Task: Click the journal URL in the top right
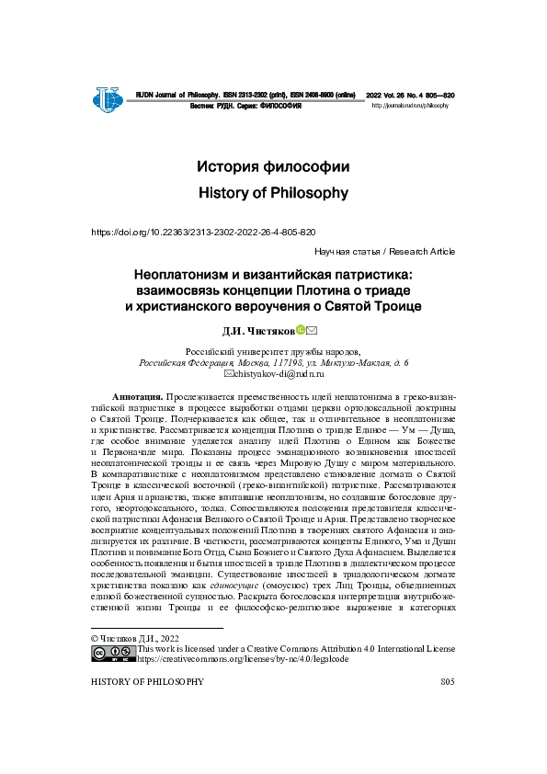[x=410, y=107]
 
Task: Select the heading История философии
[x=273, y=167]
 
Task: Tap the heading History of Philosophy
[x=273, y=193]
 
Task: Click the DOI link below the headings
[x=203, y=233]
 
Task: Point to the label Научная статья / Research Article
[x=384, y=252]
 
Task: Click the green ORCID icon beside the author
[x=300, y=330]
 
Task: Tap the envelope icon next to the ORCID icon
[x=312, y=330]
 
